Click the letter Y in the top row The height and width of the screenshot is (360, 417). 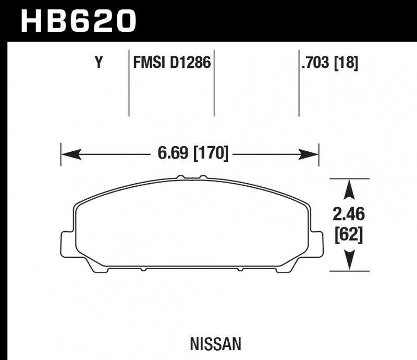pos(97,64)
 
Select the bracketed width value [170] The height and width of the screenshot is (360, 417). pos(211,154)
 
